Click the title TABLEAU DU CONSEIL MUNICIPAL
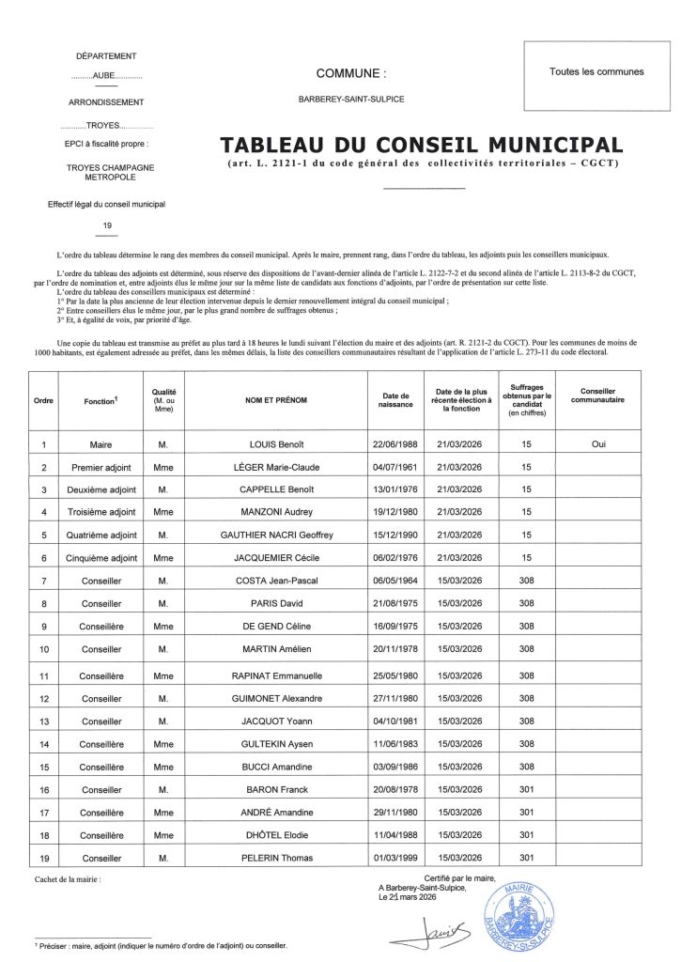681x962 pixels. [420, 146]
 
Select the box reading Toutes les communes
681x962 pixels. [596, 72]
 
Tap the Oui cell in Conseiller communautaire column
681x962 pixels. [598, 444]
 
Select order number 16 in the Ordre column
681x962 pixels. [43, 790]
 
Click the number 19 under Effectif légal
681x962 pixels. [106, 225]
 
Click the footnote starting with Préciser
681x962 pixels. [160, 947]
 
